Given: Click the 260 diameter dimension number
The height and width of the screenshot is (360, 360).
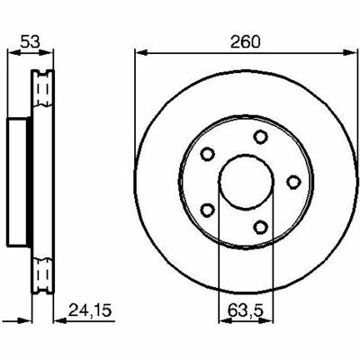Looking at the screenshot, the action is (246, 42).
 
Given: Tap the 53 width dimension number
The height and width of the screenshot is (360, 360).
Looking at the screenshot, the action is (30, 42).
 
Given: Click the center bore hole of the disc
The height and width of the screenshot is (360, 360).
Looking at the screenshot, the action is (247, 182).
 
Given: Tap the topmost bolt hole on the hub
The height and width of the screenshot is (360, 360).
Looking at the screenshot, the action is (260, 137).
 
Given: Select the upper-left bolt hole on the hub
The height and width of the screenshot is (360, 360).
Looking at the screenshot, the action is (207, 154).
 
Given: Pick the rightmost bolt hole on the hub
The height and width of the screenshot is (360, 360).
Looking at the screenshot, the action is (293, 182).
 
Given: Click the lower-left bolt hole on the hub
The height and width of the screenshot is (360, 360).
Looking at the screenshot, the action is (207, 210).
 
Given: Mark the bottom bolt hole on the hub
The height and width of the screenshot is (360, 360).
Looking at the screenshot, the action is (260, 227).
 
